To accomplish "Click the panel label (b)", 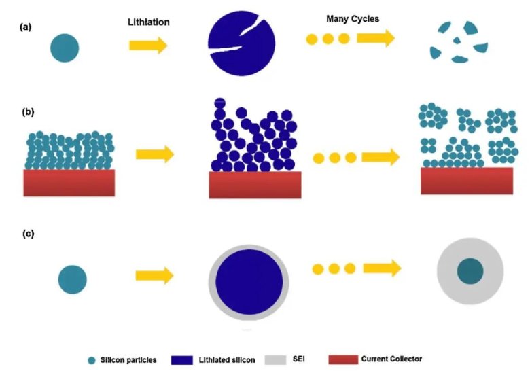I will [28, 111].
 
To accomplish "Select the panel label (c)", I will [28, 234].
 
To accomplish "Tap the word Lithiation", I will [149, 22].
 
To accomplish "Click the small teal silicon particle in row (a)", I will [65, 48].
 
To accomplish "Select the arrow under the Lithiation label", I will [148, 46].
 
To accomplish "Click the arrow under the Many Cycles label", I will [375, 38].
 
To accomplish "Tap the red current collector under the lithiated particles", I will [254, 185].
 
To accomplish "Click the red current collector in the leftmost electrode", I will [69, 183].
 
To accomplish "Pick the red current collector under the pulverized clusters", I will [467, 181].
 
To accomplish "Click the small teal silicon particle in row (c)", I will [72, 279].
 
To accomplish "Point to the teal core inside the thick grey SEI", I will [470, 271].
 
